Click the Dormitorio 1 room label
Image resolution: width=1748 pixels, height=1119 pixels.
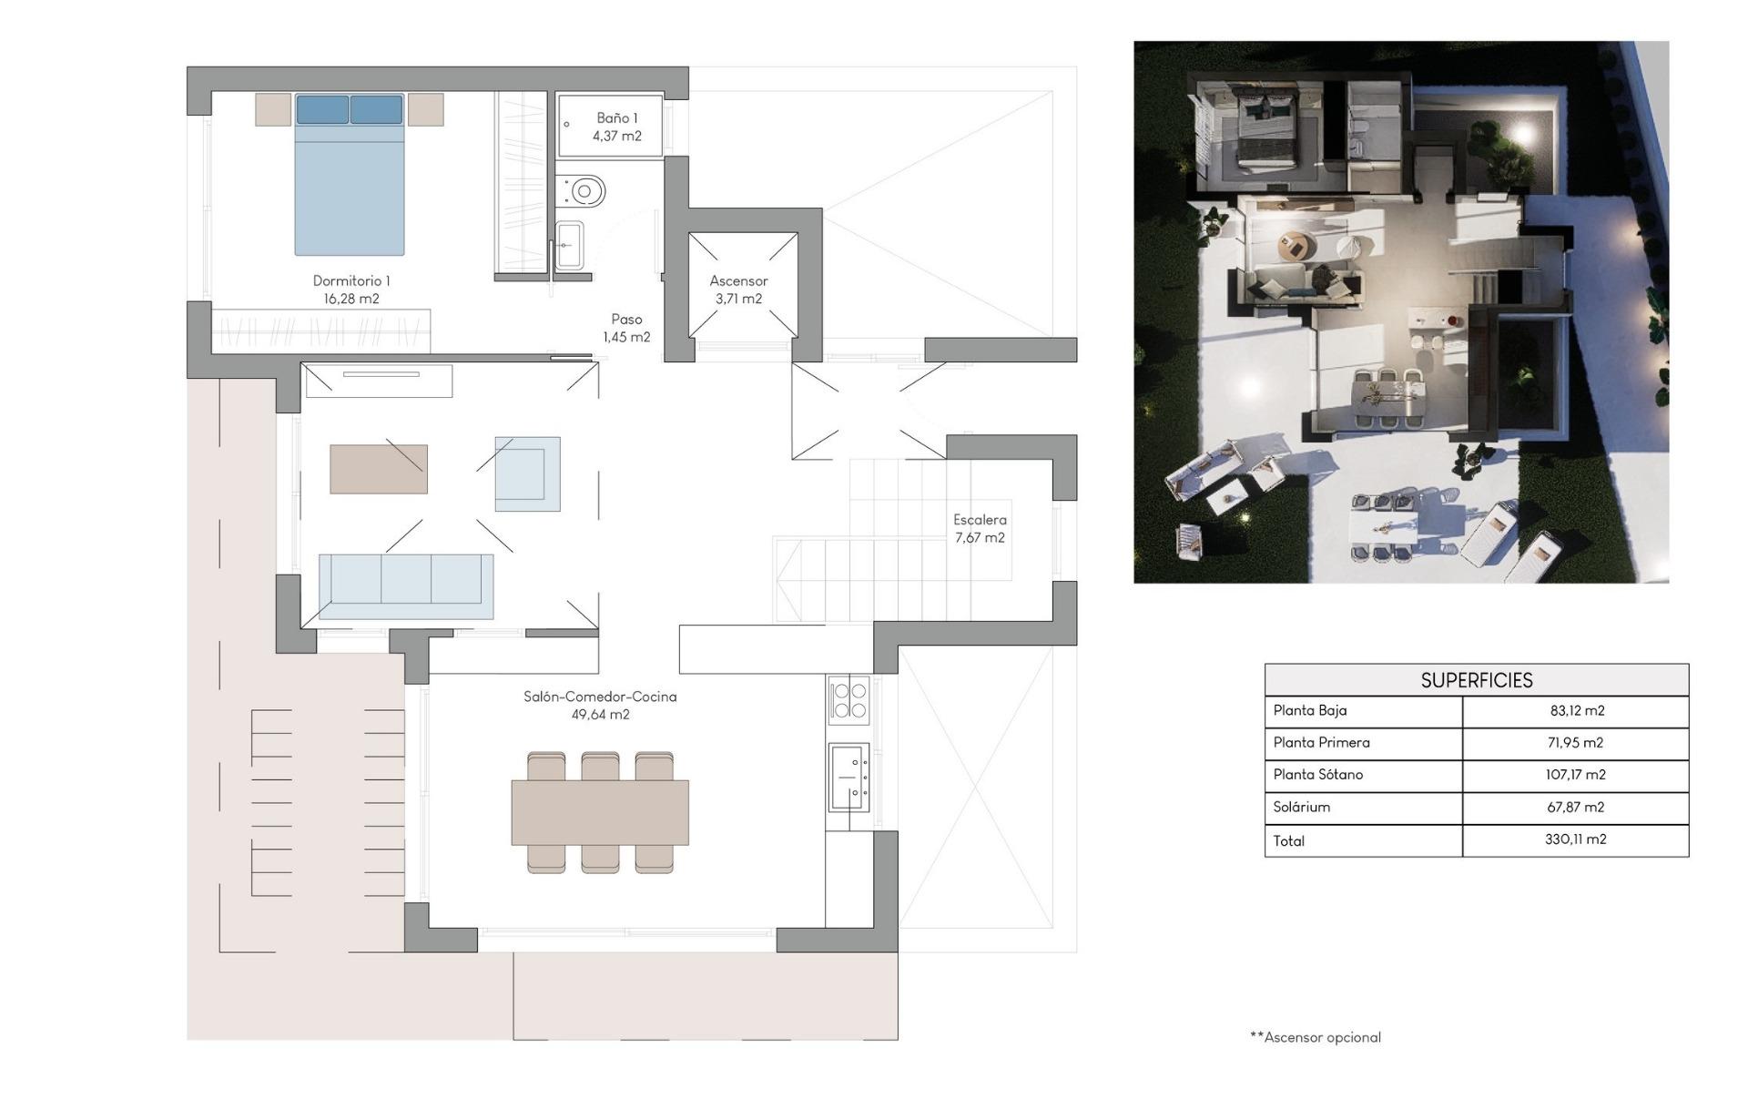tap(351, 290)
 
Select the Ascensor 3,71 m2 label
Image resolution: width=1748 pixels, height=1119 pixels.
tap(738, 290)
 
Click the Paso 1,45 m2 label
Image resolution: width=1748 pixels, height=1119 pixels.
tap(626, 328)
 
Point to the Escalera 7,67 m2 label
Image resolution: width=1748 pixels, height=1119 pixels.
tap(980, 528)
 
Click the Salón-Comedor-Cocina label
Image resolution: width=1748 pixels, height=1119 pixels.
tap(600, 705)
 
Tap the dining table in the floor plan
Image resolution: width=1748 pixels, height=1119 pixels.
tap(600, 812)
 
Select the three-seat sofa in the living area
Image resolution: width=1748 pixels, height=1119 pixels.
tap(406, 585)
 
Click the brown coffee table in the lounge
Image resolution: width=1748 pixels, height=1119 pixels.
tap(379, 469)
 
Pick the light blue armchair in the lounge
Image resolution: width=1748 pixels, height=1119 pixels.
tap(527, 473)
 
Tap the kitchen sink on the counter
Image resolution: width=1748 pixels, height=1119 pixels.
tap(849, 777)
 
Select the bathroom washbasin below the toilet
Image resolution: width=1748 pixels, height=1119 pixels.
tap(570, 245)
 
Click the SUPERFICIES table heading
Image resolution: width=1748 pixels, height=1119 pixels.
tap(1476, 680)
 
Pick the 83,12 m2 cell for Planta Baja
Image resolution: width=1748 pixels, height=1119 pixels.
tap(1577, 710)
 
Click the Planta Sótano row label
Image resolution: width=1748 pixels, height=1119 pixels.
tap(1317, 775)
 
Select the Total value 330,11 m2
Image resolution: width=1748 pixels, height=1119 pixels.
tap(1575, 839)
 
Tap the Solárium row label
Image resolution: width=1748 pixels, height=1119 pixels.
tap(1301, 807)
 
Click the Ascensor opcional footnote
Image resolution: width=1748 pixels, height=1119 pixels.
tap(1316, 1037)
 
